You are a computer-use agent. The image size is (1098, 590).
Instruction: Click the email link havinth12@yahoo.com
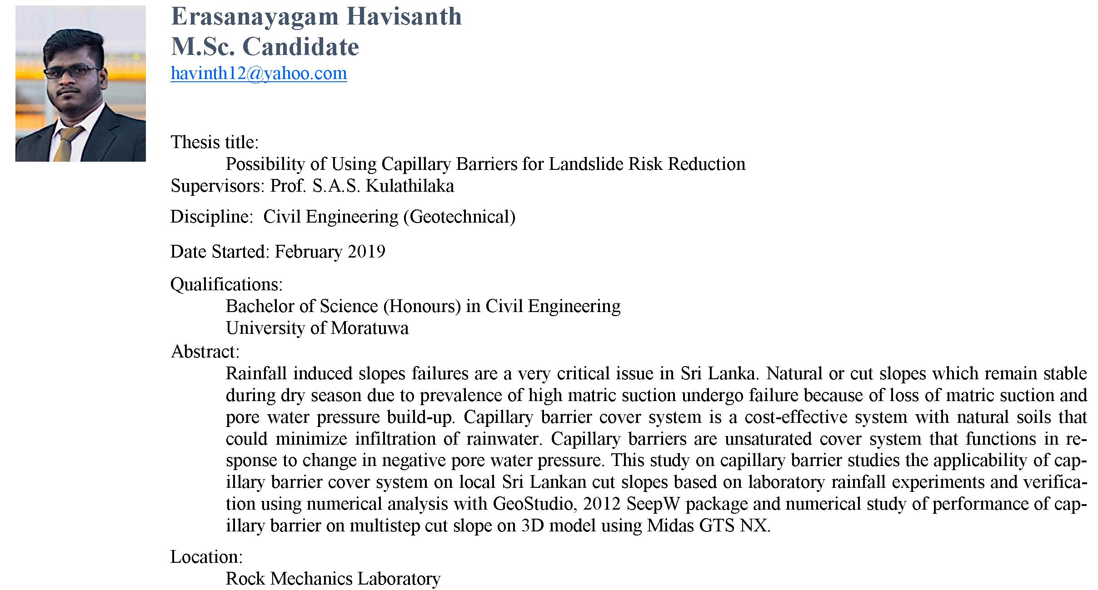pos(259,74)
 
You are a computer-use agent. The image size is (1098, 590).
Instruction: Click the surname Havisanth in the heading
pos(404,17)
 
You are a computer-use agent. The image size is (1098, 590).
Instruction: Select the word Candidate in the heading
pos(301,47)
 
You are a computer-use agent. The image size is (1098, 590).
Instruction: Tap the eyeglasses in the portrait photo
pos(73,72)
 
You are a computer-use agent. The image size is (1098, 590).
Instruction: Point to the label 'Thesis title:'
pos(215,142)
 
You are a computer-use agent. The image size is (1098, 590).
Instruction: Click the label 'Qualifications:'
pos(226,284)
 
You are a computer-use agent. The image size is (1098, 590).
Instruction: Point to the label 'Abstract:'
pos(205,352)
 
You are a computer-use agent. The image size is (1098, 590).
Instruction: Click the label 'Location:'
pos(206,557)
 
